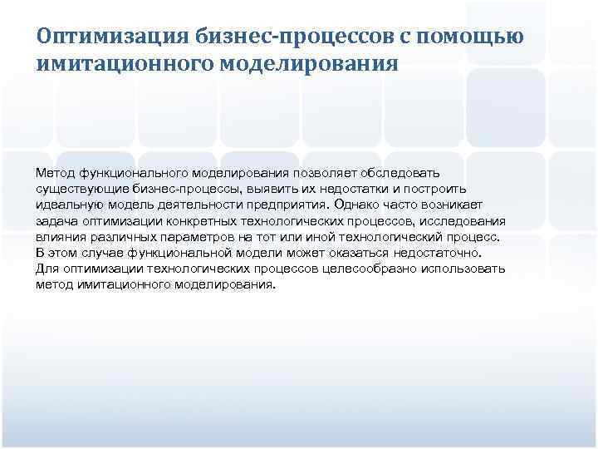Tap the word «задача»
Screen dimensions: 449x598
pyautogui.click(x=56, y=222)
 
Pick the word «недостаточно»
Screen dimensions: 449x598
pyautogui.click(x=445, y=254)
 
